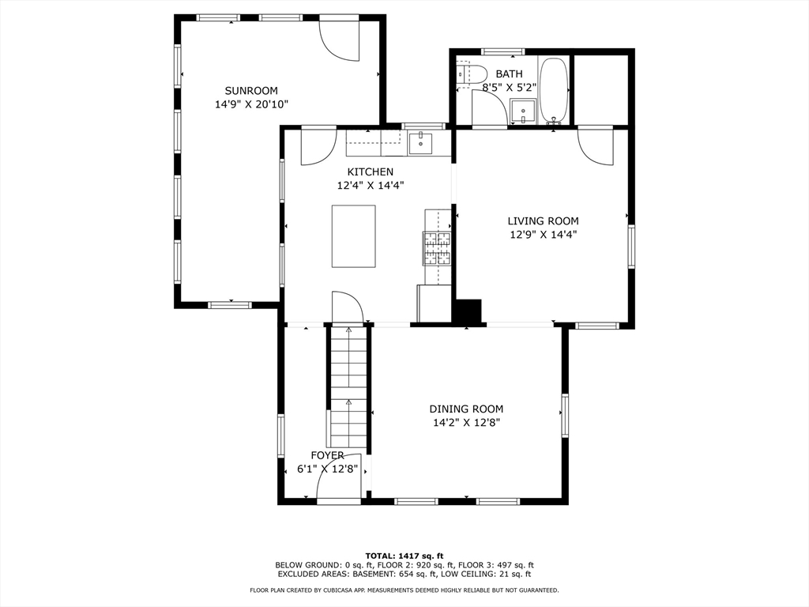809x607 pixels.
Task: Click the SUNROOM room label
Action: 251,91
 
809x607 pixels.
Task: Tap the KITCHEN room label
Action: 370,172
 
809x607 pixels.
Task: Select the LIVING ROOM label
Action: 543,221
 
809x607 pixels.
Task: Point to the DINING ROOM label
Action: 466,409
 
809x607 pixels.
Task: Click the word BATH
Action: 509,74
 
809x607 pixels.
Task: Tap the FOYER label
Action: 327,455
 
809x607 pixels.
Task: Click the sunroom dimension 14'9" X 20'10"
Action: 251,104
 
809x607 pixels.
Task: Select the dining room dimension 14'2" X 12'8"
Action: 466,423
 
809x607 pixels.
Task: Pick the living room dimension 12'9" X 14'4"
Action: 543,234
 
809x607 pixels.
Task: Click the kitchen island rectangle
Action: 353,236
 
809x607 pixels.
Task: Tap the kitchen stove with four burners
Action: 436,248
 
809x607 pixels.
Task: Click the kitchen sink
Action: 421,144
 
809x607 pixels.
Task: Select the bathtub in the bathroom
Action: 554,91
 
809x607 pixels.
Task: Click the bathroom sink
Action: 524,111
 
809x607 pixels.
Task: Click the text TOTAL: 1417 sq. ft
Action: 404,556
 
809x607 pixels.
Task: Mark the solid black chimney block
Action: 467,311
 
